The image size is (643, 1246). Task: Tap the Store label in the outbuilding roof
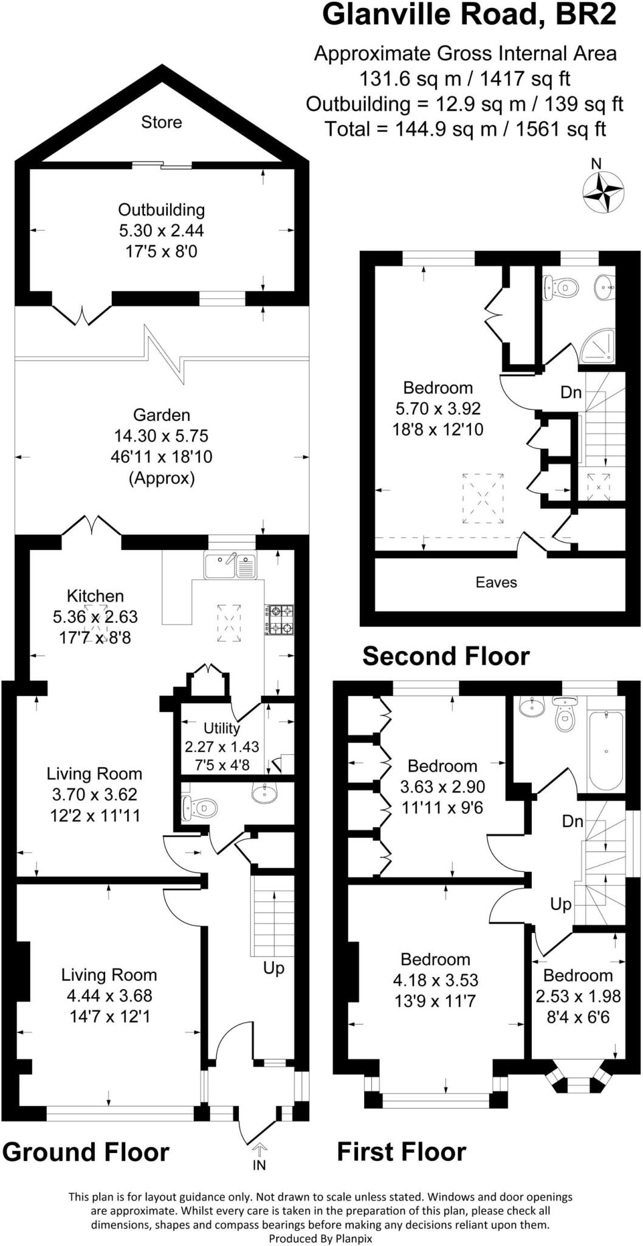162,122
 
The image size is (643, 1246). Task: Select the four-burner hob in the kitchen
279,619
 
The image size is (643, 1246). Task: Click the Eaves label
496,582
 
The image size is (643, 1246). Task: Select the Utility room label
222,728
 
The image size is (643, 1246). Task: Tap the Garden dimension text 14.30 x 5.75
162,436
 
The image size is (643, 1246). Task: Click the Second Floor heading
446,656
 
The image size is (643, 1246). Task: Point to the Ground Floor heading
86,1152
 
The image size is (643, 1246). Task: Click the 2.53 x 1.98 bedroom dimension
578,996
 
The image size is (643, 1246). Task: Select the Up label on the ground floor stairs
273,967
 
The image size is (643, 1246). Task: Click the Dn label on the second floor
571,392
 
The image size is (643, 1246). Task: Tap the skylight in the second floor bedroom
483,498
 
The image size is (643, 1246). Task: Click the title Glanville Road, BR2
469,15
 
